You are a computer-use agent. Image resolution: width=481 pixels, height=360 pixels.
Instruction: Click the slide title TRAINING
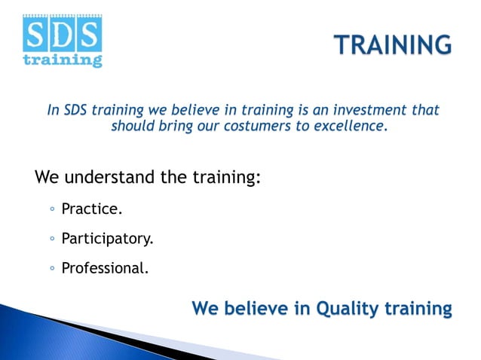point(393,44)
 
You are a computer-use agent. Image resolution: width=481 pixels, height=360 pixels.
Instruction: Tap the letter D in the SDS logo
point(62,34)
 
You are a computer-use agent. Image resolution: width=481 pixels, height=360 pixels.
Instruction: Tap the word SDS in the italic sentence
point(78,110)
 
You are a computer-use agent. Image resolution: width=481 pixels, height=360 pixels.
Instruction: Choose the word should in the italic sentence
point(133,126)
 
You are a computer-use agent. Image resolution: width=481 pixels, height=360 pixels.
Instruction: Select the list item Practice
point(91,212)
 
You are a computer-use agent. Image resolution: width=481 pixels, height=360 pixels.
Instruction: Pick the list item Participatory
point(107,239)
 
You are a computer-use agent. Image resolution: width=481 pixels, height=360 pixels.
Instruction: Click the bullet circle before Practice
point(51,213)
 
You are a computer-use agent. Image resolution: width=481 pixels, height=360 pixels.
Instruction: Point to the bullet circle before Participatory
point(51,240)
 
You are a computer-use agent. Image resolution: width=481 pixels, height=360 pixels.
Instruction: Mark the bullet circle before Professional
point(51,267)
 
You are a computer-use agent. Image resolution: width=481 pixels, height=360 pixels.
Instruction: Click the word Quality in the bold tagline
point(348,309)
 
